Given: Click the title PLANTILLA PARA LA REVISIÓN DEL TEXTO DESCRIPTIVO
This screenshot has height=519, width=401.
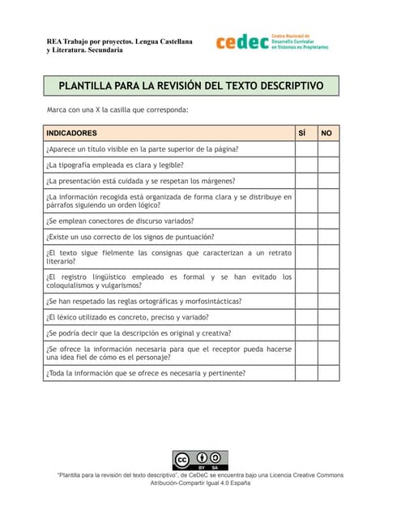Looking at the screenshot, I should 190,85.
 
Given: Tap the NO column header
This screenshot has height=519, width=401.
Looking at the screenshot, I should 326,132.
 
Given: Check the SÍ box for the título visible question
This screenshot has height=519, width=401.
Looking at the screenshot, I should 305,148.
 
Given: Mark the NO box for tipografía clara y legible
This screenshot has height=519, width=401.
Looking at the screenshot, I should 328,165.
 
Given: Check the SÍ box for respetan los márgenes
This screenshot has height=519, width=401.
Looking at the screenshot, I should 305,181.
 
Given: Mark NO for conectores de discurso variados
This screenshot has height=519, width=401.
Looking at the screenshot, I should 328,220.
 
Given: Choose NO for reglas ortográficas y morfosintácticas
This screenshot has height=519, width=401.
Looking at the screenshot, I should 328,301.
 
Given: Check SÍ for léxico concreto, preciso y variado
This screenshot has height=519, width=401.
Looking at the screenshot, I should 305,317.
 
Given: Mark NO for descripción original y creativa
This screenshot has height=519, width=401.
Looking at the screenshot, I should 328,333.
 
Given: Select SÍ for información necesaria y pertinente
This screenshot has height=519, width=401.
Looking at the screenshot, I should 305,373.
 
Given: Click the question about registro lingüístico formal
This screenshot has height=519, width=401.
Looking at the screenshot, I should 169,281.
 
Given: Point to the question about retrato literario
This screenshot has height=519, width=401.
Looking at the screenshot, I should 169,257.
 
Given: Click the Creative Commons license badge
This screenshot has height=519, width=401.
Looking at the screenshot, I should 200,460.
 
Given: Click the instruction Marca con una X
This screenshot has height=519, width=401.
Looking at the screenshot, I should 117,109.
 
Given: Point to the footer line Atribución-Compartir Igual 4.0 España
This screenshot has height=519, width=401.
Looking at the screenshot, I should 201,483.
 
